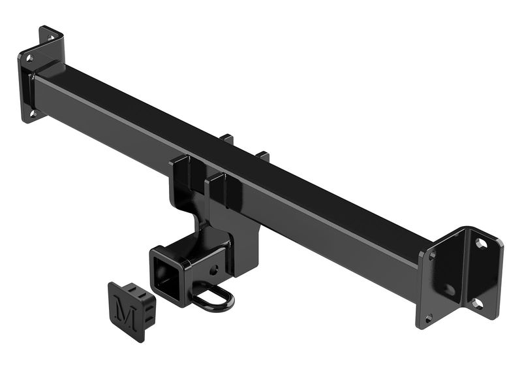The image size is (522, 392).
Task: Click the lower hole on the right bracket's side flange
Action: (x=478, y=303)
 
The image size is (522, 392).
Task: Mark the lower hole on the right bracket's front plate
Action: (x=429, y=318)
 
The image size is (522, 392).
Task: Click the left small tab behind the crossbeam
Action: (x=227, y=139)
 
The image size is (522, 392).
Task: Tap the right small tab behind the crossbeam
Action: (x=263, y=156)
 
